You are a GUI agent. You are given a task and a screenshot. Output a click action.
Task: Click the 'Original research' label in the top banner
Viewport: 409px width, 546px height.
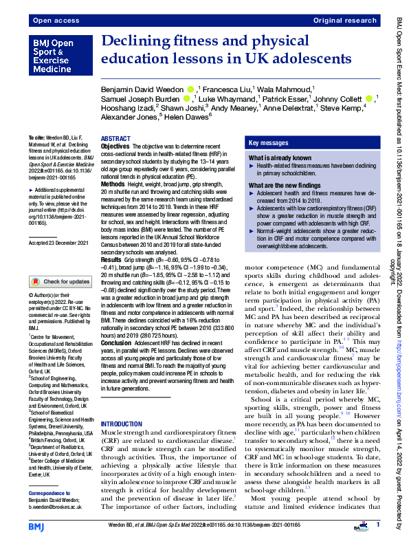click(346, 21)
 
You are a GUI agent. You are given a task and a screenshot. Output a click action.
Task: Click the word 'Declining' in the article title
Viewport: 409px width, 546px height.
click(135, 42)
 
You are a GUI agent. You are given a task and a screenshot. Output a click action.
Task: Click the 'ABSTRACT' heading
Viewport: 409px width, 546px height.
click(115, 139)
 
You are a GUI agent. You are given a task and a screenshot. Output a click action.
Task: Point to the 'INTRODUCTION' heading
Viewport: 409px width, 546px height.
click(122, 424)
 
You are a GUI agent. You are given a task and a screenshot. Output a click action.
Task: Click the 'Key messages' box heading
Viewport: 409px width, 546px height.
click(263, 143)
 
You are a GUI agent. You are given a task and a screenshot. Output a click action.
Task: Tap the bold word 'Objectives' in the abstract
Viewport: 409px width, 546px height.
click(115, 146)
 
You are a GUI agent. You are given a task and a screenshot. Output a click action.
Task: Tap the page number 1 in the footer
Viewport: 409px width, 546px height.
click(377, 525)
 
